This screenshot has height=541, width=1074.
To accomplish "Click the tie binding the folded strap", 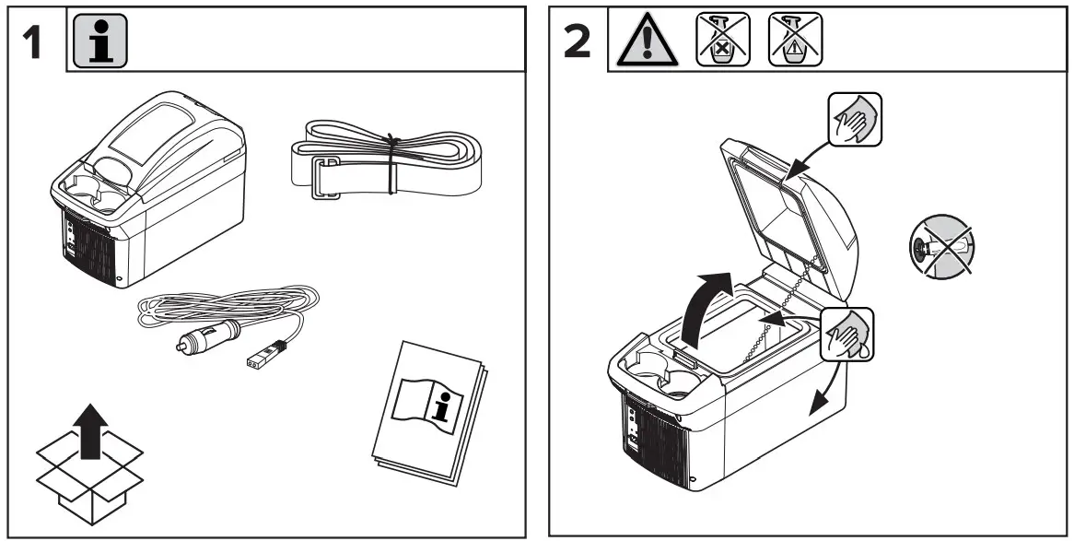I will (x=392, y=162).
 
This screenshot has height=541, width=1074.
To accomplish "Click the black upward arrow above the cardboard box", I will (x=90, y=432).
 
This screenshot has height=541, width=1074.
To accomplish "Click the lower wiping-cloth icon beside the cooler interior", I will (x=846, y=333).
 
